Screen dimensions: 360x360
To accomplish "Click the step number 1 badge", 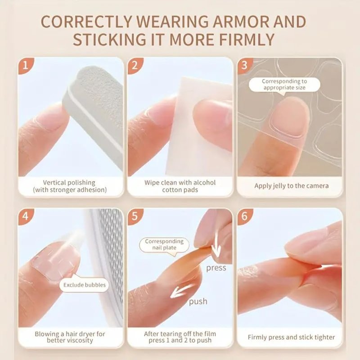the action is pos(25,65).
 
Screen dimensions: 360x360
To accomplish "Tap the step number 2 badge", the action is pos(135,65).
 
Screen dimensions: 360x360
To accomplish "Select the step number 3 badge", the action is pos(244,65).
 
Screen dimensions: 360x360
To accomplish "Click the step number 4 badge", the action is pos(25,216).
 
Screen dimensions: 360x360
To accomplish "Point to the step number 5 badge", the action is pos(135,216).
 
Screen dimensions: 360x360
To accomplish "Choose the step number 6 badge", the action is pos(244,216).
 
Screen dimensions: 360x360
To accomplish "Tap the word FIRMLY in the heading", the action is pos(247,40).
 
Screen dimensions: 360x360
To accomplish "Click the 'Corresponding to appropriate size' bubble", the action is pos(284,85).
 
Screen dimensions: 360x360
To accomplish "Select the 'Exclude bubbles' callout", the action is pos(85,285).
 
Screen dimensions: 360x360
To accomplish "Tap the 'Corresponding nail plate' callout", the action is pos(164,245).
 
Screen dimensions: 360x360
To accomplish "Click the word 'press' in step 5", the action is pos(216,268).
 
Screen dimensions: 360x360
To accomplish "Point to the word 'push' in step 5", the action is pos(198,301).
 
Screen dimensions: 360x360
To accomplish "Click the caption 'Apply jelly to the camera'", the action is pos(291,186).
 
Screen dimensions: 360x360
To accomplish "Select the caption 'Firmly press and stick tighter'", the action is pos(291,337).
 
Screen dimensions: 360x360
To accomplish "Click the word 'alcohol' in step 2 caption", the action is pos(204,183).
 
